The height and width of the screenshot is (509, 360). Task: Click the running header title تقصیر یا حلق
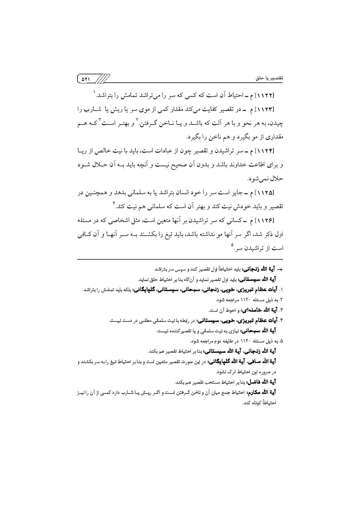point(269,79)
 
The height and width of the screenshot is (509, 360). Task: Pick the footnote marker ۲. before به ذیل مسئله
point(281,300)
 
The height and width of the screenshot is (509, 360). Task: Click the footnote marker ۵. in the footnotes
point(281,341)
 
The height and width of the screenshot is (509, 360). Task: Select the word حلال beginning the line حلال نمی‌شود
point(277,179)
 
